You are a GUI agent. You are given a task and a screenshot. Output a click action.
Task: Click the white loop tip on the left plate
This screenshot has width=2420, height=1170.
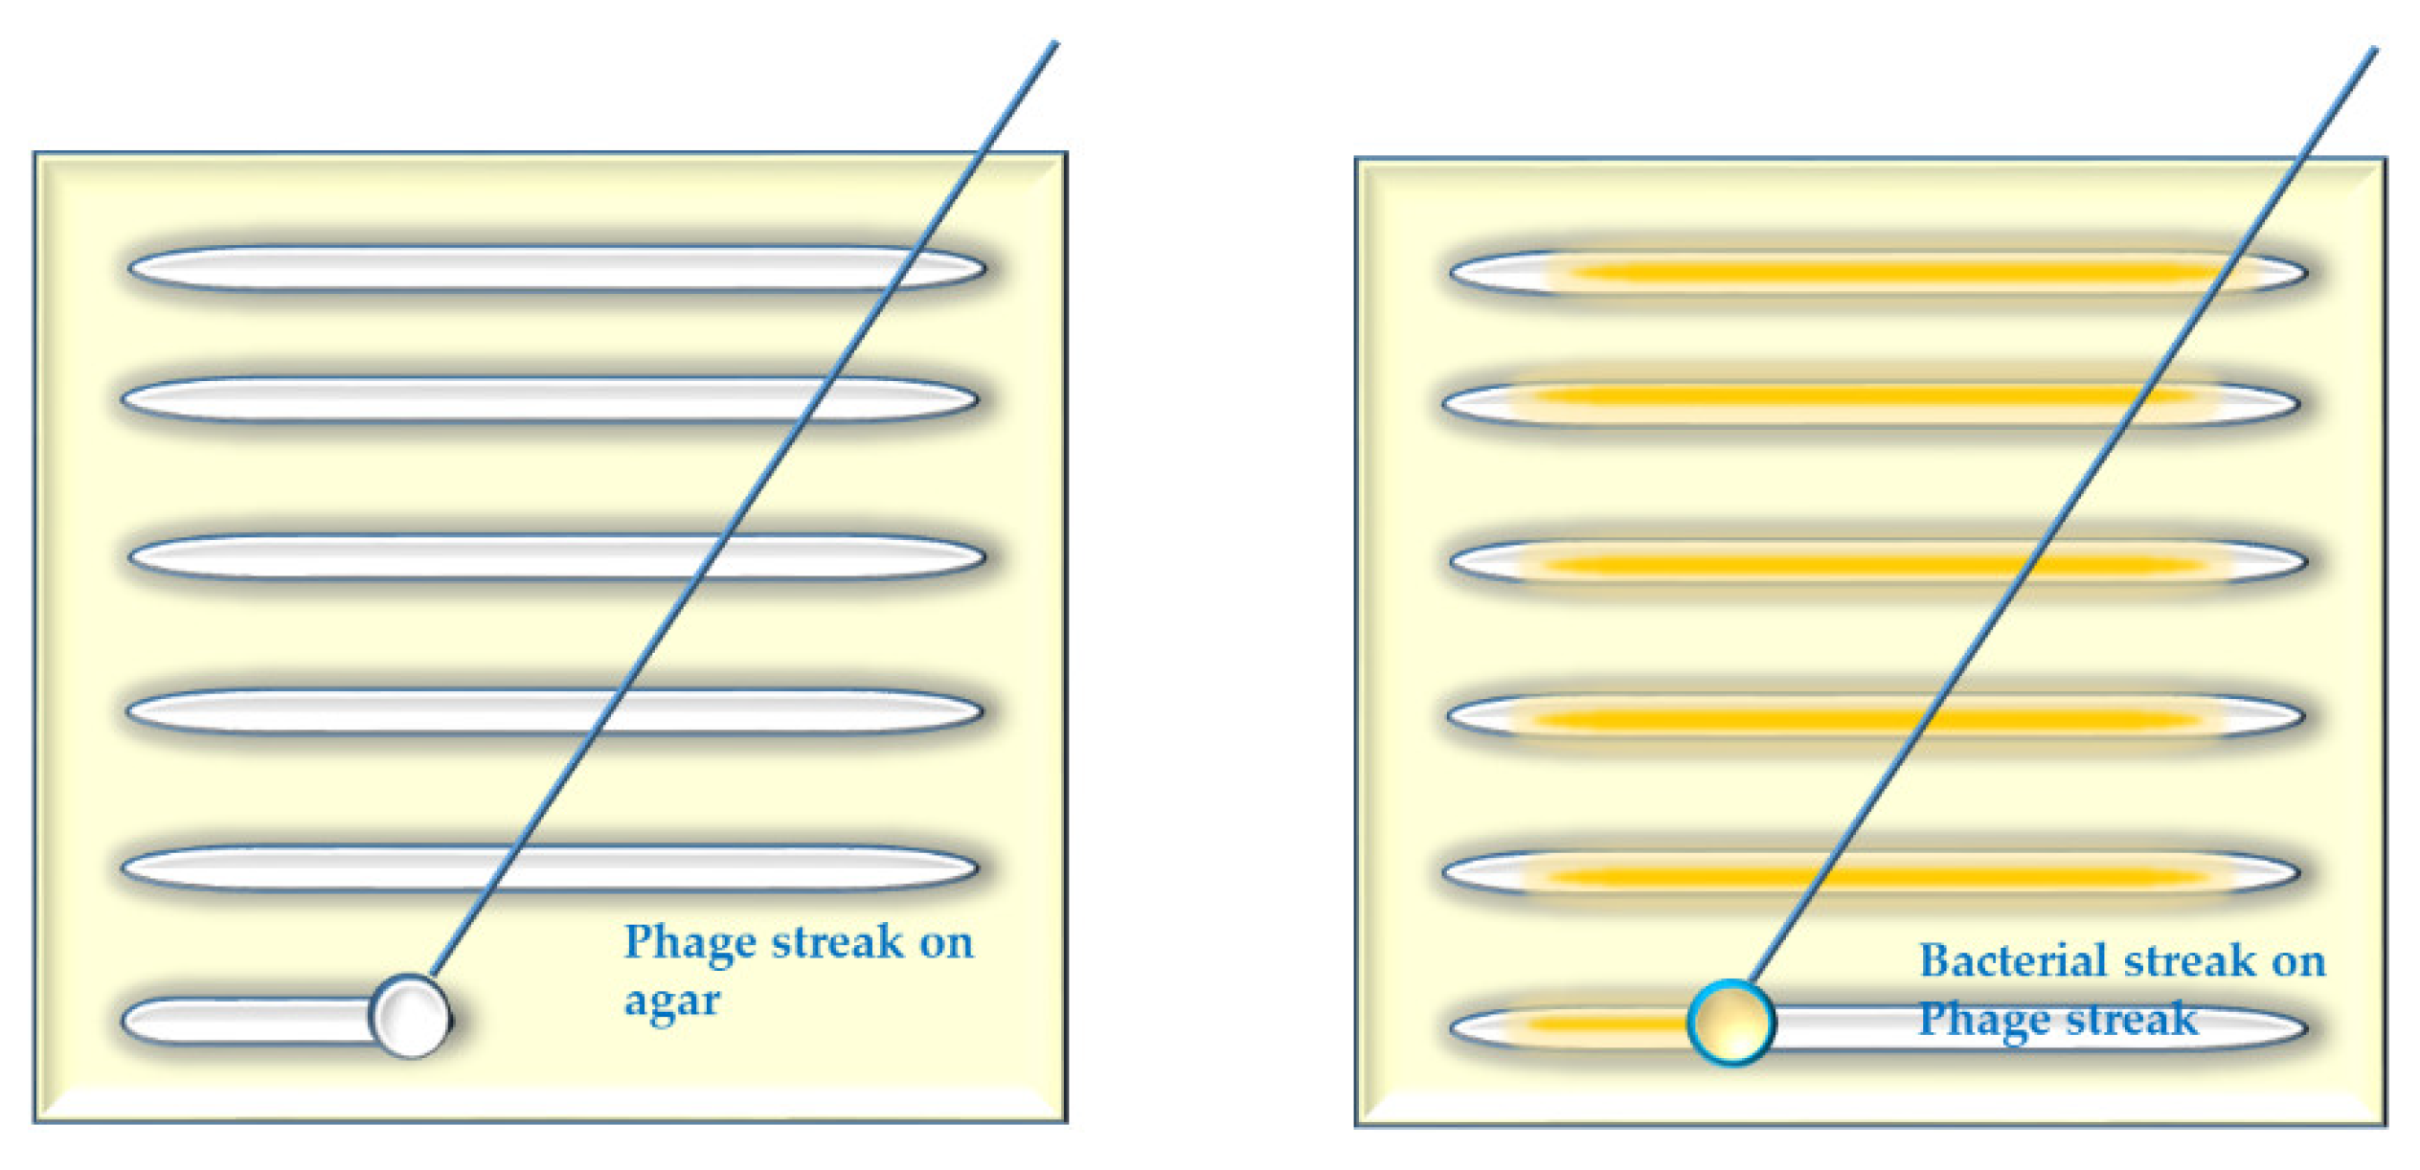pos(411,1016)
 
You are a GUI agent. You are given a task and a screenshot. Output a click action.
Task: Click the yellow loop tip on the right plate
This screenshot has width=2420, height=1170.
pos(1730,1023)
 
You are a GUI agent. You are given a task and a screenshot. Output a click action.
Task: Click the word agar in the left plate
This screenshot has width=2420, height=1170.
pos(671,1002)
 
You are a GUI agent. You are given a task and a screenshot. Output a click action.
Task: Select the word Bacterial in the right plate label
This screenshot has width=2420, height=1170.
pos(2006,961)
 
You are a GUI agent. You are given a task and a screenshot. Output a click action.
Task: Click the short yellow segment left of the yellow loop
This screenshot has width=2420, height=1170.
pos(1599,1025)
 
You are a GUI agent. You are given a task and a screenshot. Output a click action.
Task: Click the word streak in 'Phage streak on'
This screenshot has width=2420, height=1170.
pos(837,943)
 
